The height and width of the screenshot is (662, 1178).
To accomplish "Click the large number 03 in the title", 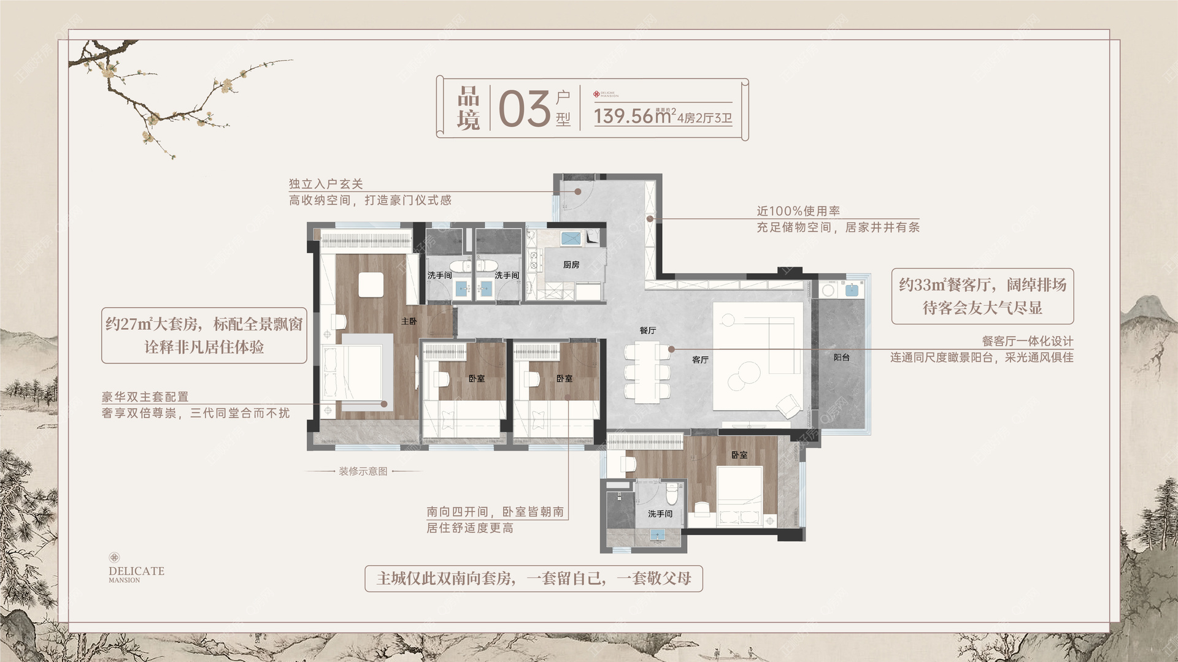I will pyautogui.click(x=524, y=109).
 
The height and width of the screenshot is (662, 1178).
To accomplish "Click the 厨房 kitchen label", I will pyautogui.click(x=571, y=265).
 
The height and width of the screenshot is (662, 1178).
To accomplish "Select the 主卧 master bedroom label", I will pyautogui.click(x=409, y=321).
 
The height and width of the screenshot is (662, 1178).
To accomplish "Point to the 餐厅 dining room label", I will pyautogui.click(x=648, y=330).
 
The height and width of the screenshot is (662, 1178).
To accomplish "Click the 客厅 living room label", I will pyautogui.click(x=700, y=360).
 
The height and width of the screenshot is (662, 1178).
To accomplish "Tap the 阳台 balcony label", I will pyautogui.click(x=842, y=357).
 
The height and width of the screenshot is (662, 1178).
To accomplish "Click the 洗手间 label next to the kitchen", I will pyautogui.click(x=507, y=275).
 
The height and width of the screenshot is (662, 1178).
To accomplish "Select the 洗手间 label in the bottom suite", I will pyautogui.click(x=660, y=514).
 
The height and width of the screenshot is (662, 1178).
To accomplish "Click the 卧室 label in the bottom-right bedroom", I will pyautogui.click(x=739, y=455).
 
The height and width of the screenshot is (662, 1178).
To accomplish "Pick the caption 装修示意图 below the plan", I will pyautogui.click(x=363, y=471).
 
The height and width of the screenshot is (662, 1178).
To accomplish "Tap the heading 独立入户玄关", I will pyautogui.click(x=326, y=184).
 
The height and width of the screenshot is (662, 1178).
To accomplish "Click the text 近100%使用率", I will pyautogui.click(x=798, y=211).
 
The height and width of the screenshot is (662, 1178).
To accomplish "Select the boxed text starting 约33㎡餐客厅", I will pyautogui.click(x=982, y=296).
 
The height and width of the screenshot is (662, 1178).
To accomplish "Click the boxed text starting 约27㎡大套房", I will pyautogui.click(x=204, y=335).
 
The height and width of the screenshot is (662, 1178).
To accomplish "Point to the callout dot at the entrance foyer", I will pyautogui.click(x=578, y=191).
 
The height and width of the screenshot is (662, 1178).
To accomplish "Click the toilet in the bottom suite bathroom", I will pyautogui.click(x=672, y=492).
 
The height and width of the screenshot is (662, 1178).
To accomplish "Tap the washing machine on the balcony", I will pyautogui.click(x=828, y=290).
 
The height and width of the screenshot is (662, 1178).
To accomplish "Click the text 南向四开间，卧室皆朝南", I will pyautogui.click(x=495, y=512).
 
